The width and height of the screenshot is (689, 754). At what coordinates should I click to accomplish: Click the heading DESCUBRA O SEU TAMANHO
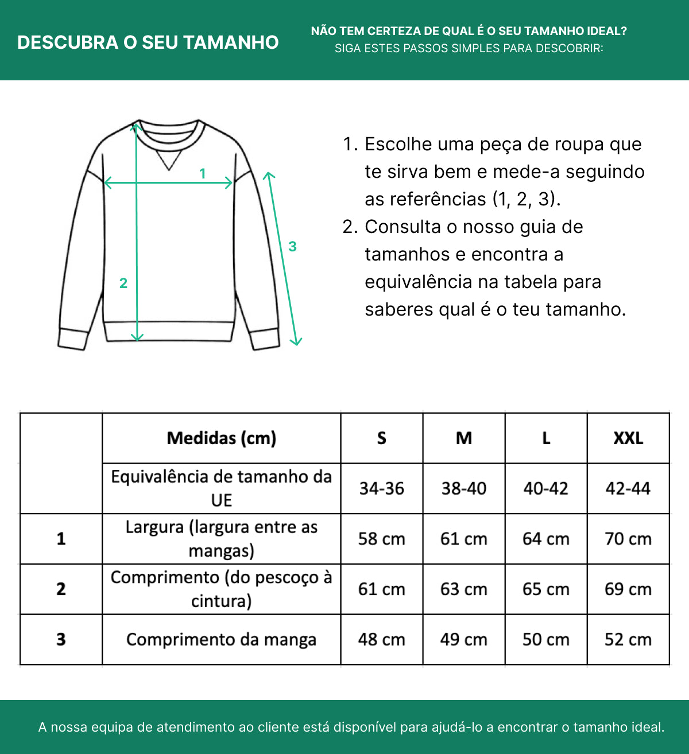(148, 42)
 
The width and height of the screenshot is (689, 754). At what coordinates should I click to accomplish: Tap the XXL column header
(628, 438)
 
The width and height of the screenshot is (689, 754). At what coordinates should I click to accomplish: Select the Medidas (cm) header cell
(221, 438)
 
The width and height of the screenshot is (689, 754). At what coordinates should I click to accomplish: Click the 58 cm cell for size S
(382, 539)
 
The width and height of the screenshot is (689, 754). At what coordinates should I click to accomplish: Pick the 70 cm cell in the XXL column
(628, 539)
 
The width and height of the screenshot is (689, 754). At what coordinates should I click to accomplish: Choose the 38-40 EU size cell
(464, 488)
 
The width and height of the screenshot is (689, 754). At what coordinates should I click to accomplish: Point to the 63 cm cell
(464, 589)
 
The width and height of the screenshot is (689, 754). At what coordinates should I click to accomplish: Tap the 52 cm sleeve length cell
(628, 639)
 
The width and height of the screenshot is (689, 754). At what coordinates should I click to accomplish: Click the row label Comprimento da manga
(221, 639)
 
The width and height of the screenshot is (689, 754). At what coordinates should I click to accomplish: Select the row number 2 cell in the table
(61, 589)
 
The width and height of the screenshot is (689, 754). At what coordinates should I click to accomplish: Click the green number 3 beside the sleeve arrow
(292, 246)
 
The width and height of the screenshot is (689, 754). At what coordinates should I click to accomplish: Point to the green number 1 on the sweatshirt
(203, 173)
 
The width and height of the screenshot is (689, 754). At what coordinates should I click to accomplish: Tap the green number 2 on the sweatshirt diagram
(123, 283)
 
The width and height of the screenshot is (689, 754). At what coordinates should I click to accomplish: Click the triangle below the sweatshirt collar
(169, 160)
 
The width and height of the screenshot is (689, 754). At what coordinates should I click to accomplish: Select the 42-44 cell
(628, 488)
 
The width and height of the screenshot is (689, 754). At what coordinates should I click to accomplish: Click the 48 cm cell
(382, 639)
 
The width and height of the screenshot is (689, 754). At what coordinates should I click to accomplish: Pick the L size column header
(546, 438)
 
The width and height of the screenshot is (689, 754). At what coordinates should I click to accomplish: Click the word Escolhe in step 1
(398, 144)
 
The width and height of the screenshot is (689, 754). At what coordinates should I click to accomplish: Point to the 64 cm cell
(546, 539)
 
